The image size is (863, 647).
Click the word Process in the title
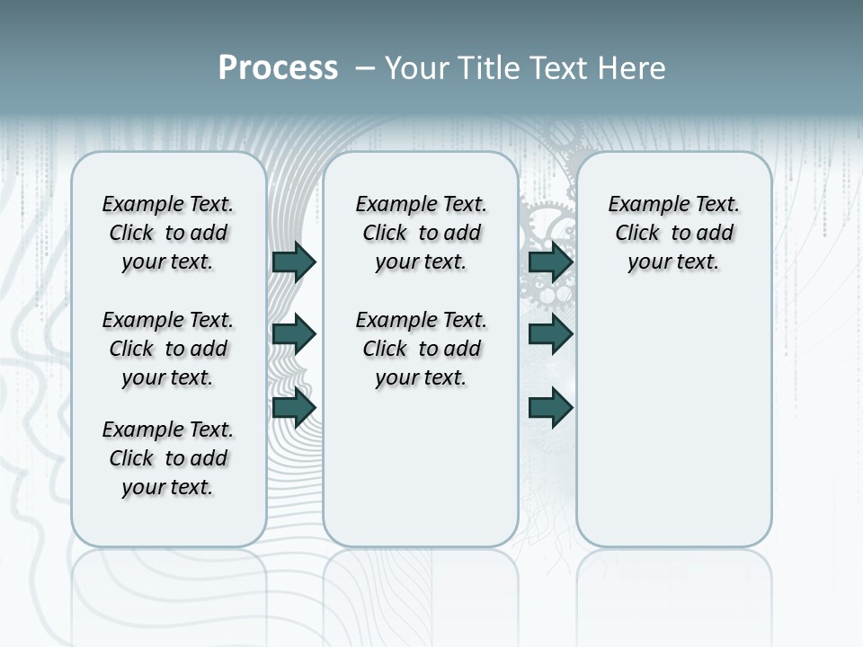[278, 67]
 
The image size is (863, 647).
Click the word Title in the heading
[488, 67]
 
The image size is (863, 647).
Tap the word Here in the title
[633, 67]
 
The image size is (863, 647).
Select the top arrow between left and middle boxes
[294, 261]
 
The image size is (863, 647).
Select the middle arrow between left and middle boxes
[294, 334]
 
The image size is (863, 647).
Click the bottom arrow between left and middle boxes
[294, 407]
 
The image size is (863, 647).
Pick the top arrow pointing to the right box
[551, 261]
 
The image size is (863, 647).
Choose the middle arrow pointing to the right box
[551, 334]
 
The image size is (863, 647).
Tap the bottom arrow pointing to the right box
[551, 407]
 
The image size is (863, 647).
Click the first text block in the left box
[168, 233]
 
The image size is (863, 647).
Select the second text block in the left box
[168, 349]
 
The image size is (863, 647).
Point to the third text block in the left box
[168, 458]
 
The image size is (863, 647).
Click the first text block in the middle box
[421, 233]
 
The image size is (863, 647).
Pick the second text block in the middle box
[421, 349]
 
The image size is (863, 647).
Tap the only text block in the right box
[673, 233]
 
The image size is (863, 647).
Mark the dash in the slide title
[365, 67]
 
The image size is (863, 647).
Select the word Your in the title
[418, 67]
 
